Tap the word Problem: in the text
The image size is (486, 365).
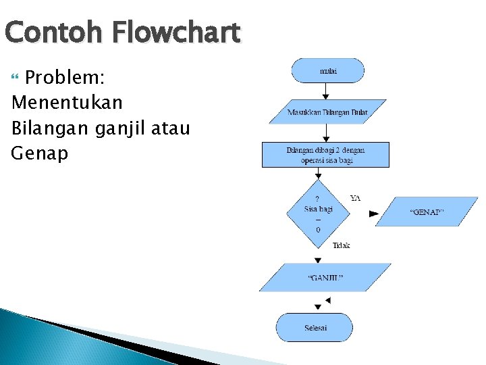(64, 78)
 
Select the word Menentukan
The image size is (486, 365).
(67, 103)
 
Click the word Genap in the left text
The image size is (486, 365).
(40, 153)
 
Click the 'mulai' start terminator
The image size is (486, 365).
(328, 70)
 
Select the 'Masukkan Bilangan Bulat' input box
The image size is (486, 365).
(327, 112)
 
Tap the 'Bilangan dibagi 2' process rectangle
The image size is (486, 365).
(325, 154)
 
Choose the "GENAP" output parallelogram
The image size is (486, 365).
(427, 212)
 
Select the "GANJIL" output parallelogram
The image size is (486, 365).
(325, 277)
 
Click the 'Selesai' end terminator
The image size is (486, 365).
(315, 327)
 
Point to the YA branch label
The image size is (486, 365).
(355, 198)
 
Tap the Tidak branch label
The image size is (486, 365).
(341, 245)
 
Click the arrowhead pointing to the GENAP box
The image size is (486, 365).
(373, 214)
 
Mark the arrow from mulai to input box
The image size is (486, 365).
(326, 91)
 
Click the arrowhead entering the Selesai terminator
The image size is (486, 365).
(318, 308)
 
